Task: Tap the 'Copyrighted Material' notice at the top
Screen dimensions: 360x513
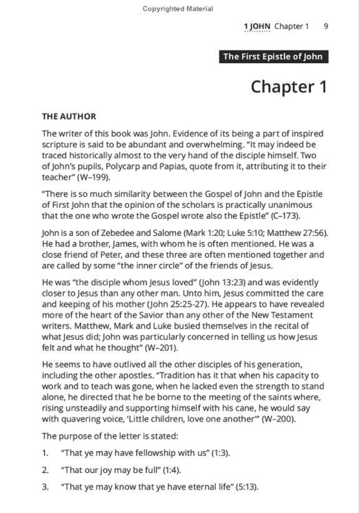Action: [177, 9]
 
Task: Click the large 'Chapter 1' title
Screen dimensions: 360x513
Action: [289, 87]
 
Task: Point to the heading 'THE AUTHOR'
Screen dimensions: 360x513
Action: [69, 116]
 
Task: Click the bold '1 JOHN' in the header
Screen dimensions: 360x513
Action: [256, 26]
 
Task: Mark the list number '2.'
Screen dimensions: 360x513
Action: [46, 469]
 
